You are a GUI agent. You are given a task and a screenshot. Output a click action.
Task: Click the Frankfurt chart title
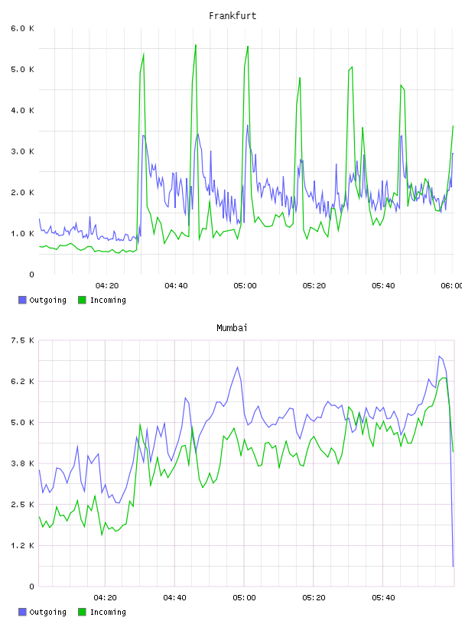coord(232,16)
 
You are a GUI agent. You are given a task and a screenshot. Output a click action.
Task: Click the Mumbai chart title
coord(232,328)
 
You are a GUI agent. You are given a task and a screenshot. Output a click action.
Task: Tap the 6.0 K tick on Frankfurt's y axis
coord(23,28)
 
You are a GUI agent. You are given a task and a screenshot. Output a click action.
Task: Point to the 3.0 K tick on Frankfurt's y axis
coord(23,151)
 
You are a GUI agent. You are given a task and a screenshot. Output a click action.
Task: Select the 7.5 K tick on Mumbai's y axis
coord(23,340)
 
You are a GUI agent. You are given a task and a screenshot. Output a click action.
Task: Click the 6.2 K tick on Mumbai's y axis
coord(23,382)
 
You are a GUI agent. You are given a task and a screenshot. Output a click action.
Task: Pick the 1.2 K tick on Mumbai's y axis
coord(23,545)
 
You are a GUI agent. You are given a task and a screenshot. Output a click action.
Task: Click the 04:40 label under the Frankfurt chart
coord(176,286)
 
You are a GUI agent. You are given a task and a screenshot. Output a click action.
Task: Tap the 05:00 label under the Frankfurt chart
coord(246,286)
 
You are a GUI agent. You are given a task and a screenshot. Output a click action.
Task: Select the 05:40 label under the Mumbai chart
coord(383,598)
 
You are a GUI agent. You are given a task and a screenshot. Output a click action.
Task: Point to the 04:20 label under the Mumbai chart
coord(106,598)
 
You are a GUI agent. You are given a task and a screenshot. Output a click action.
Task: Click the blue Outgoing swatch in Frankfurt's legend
coord(22,300)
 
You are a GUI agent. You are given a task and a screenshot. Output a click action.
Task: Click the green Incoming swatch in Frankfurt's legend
coord(82,300)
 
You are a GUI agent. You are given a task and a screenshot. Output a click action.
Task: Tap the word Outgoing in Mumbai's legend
coord(47,612)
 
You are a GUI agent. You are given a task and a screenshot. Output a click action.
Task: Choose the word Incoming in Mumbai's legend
coord(108,612)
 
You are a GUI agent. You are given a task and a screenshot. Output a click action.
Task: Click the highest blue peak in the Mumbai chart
coord(440,356)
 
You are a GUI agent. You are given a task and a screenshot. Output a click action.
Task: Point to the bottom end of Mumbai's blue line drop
coord(453,566)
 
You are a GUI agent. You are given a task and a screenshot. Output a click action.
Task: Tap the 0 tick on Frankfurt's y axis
coord(31,275)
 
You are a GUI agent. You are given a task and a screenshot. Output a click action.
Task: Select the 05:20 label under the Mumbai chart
coord(314,598)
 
